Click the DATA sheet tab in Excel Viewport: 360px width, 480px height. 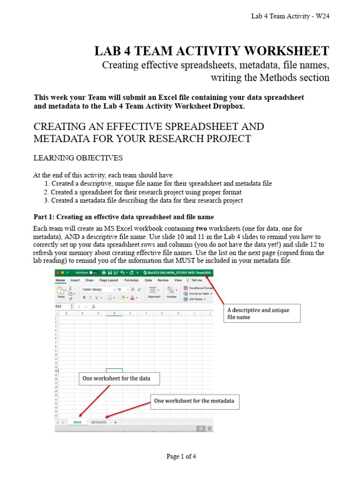click(77, 422)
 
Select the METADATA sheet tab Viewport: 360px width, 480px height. click(99, 422)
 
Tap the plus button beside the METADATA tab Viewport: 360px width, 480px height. click(115, 422)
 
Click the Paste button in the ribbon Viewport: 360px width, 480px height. click(61, 293)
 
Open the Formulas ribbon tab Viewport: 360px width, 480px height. click(131, 280)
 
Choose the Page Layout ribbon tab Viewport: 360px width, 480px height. click(109, 280)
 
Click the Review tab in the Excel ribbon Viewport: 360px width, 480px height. click(163, 280)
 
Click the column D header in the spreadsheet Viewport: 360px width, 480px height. click(114, 313)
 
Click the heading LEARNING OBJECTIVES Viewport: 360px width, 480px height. click(78, 158)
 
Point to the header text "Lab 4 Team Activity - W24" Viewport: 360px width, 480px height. click(292, 17)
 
